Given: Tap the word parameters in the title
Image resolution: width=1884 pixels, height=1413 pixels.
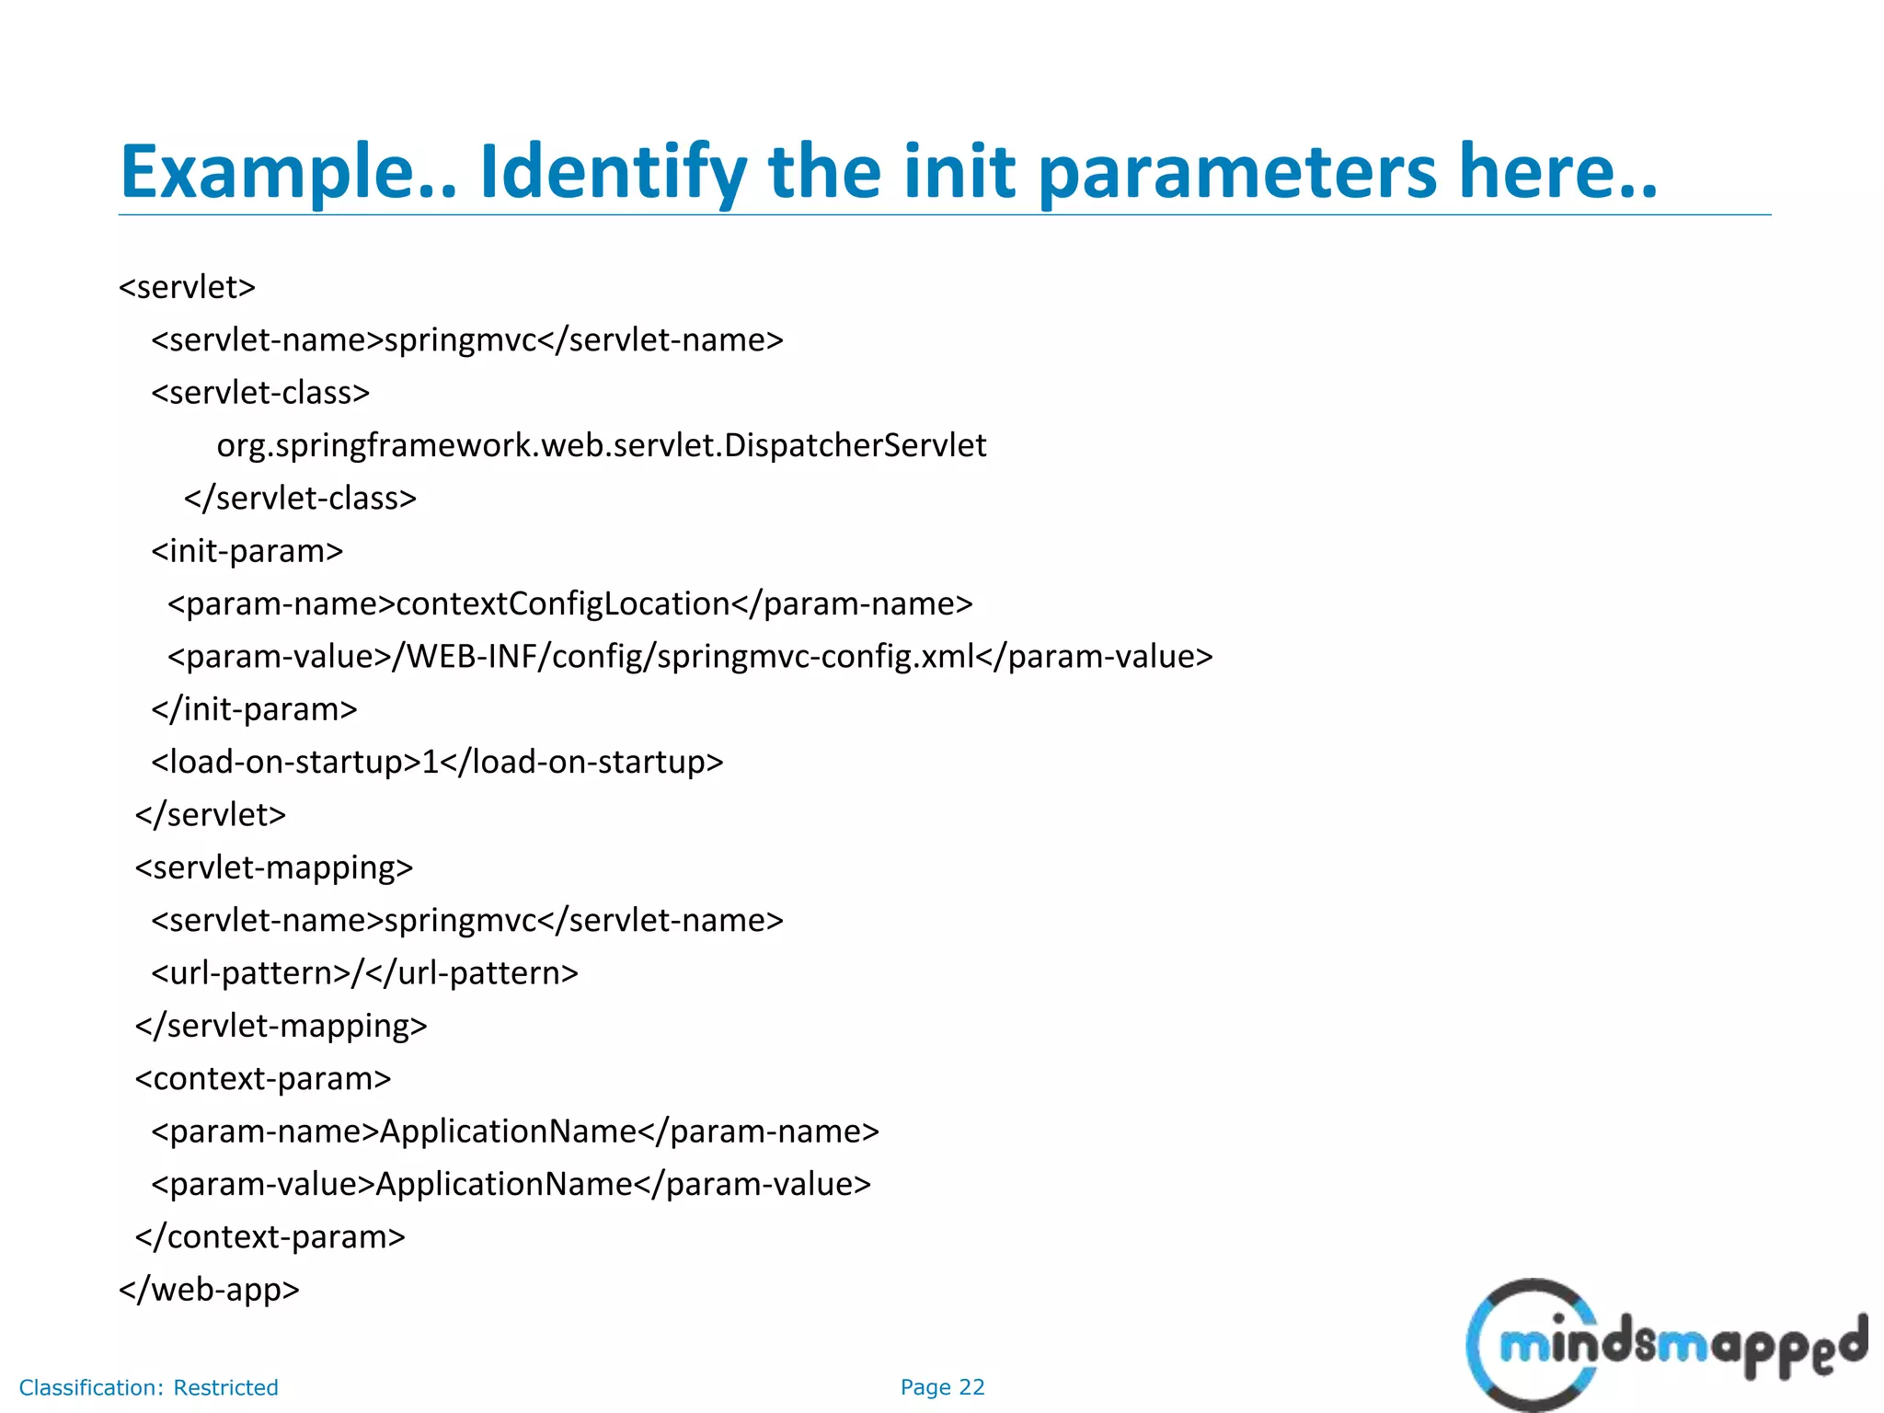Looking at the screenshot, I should pos(1238,172).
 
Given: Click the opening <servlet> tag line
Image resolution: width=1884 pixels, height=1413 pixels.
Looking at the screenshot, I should pos(188,287).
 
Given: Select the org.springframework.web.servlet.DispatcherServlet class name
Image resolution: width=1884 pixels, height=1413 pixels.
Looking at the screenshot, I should pos(602,445).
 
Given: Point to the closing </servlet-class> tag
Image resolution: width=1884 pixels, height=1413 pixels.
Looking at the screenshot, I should pos(300,498).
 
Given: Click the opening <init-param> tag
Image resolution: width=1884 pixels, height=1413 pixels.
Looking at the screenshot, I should pos(247,551).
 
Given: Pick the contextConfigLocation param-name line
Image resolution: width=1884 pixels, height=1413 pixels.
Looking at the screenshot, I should pos(570,603).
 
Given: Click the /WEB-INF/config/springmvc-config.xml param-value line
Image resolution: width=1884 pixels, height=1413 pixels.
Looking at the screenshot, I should pos(690,657).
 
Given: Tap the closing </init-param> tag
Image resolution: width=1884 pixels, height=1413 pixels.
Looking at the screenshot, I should pos(255,709).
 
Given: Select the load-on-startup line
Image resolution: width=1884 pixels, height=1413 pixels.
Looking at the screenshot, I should pos(438,762).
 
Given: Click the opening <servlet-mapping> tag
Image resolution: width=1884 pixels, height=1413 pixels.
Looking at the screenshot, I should pos(274,867).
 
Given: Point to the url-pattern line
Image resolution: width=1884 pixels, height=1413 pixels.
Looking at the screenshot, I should pos(365,972).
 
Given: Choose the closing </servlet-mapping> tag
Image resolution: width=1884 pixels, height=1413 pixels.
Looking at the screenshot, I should pos(281,1026).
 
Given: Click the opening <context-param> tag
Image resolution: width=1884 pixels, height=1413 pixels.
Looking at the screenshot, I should pos(263,1078).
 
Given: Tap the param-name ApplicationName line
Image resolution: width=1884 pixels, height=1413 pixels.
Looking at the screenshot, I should pos(515,1132).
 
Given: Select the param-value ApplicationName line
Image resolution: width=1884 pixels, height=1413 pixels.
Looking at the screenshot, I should pos(511,1184).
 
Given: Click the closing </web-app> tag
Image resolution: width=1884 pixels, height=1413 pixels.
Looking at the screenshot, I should pos(210,1290).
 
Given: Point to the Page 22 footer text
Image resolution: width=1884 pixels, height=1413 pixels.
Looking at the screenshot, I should pos(942,1387).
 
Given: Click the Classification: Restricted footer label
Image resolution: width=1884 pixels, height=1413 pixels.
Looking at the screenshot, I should pos(149,1387).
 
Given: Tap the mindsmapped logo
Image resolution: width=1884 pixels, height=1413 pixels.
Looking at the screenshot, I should pos(1665,1345).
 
